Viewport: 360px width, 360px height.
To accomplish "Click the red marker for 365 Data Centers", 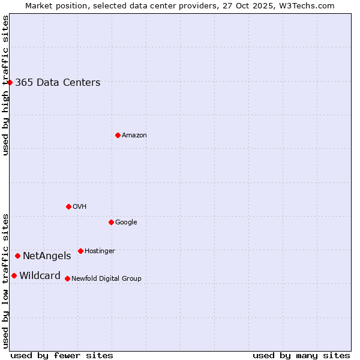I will [x=10, y=82].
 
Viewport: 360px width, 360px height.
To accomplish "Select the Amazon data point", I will [x=118, y=135].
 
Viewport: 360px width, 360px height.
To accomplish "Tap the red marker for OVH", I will [x=68, y=206].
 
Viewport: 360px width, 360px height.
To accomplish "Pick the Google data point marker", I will [x=111, y=222].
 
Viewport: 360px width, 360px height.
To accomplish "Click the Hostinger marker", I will [x=80, y=251].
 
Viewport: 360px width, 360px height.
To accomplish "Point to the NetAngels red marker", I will [x=17, y=256].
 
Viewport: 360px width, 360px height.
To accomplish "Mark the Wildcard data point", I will [x=14, y=275].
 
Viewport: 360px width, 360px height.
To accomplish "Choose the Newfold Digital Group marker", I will [x=67, y=278].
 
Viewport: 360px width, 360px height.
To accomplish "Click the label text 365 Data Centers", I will [x=58, y=83].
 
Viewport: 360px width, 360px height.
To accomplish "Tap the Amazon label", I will [x=134, y=136].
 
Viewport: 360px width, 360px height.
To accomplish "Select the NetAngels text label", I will [x=47, y=256].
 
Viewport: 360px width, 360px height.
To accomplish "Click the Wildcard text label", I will [x=40, y=276].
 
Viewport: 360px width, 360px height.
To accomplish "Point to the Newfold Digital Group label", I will [x=106, y=278].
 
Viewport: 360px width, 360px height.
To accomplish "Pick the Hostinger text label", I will [x=100, y=251].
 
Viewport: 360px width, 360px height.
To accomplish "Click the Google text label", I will [x=126, y=223].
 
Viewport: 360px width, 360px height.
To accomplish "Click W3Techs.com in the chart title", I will [x=305, y=5].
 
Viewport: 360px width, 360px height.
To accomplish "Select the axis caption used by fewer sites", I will [x=62, y=355].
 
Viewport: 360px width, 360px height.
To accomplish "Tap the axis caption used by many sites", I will [x=301, y=355].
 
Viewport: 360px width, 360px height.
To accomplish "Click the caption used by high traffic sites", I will [x=5, y=86].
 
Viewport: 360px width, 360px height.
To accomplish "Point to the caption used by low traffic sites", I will [x=5, y=281].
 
